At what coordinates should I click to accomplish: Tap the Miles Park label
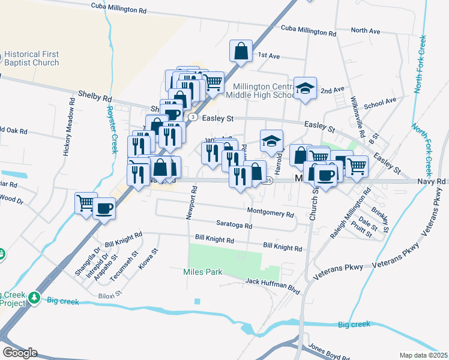click(x=202, y=272)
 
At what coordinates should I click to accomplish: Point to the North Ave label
click(x=366, y=30)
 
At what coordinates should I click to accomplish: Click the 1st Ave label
click(x=269, y=55)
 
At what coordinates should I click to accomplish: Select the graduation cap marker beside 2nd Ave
click(x=305, y=88)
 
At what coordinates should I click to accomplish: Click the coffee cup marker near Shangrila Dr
click(x=104, y=208)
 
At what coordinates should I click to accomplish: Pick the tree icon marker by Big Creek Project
click(x=35, y=296)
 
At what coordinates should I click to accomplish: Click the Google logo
click(x=20, y=352)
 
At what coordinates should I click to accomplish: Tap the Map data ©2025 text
click(x=423, y=355)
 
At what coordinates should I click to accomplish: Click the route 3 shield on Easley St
click(x=191, y=117)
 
